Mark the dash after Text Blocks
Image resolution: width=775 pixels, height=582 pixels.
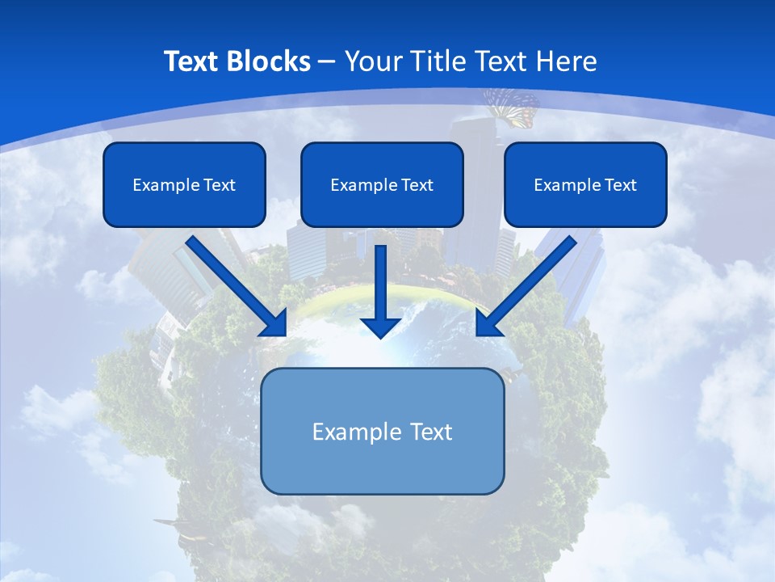click(x=327, y=62)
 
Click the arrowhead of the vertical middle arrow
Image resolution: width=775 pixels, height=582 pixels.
click(x=381, y=327)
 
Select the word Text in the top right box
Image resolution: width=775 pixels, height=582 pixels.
click(x=621, y=185)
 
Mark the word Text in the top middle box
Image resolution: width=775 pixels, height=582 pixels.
click(x=417, y=185)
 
